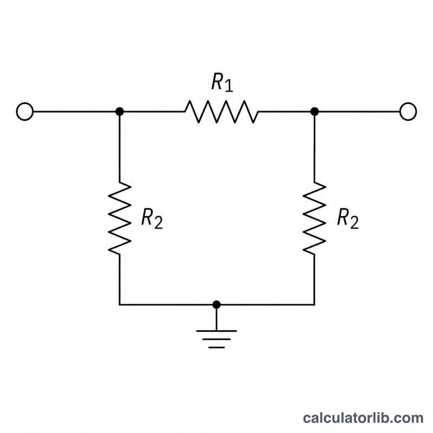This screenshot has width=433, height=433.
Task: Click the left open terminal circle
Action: (x=25, y=111)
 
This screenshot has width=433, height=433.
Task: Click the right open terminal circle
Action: (x=408, y=111)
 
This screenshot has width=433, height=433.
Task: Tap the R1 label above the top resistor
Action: (x=222, y=82)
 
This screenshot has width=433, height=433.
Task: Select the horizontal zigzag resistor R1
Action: (x=221, y=111)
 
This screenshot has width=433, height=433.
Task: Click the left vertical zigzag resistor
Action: (x=119, y=218)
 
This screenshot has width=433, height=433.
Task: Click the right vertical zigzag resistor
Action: (x=314, y=218)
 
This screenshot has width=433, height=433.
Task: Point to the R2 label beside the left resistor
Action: (x=152, y=219)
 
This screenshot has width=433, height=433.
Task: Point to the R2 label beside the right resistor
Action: (x=347, y=219)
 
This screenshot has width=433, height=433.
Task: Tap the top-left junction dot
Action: (x=119, y=111)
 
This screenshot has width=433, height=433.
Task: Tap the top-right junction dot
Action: (x=314, y=111)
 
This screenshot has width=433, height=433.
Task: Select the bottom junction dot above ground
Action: (x=216, y=305)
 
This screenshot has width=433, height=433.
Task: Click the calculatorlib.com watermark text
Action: (x=363, y=417)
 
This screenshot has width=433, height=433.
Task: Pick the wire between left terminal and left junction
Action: (x=74, y=111)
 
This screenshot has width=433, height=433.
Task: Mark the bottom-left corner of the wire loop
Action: (x=119, y=305)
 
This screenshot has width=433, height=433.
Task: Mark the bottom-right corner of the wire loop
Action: (x=314, y=305)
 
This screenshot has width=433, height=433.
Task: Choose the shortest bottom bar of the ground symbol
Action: (x=216, y=347)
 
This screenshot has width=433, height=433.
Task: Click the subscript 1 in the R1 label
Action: (x=228, y=86)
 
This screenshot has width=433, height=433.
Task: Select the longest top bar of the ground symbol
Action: (x=216, y=331)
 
